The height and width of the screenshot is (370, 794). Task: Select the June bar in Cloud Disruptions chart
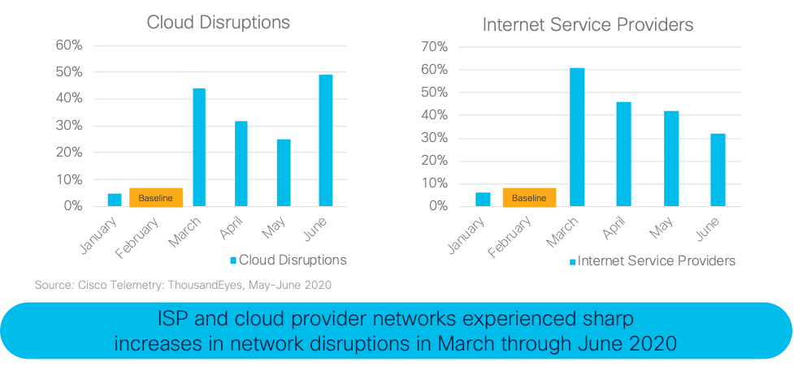pyautogui.click(x=326, y=140)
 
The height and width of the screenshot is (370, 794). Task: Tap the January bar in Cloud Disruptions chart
pyautogui.click(x=115, y=200)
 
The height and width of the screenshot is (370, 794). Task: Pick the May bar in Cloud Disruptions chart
pyautogui.click(x=284, y=172)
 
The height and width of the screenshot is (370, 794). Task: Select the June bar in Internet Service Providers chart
pyautogui.click(x=718, y=170)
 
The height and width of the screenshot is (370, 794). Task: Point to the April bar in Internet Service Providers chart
pyautogui.click(x=623, y=153)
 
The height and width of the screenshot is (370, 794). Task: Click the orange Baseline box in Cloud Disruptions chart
pyautogui.click(x=156, y=197)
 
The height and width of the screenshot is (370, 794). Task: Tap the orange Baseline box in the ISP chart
pyautogui.click(x=529, y=197)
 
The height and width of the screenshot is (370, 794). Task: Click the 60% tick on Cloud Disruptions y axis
pyautogui.click(x=68, y=45)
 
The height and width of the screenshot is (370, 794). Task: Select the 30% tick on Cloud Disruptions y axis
pyautogui.click(x=68, y=126)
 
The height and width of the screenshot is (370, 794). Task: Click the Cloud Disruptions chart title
pyautogui.click(x=218, y=23)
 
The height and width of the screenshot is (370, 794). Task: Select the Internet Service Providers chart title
pyautogui.click(x=588, y=24)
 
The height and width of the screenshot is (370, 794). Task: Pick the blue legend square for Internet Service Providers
pyautogui.click(x=572, y=261)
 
